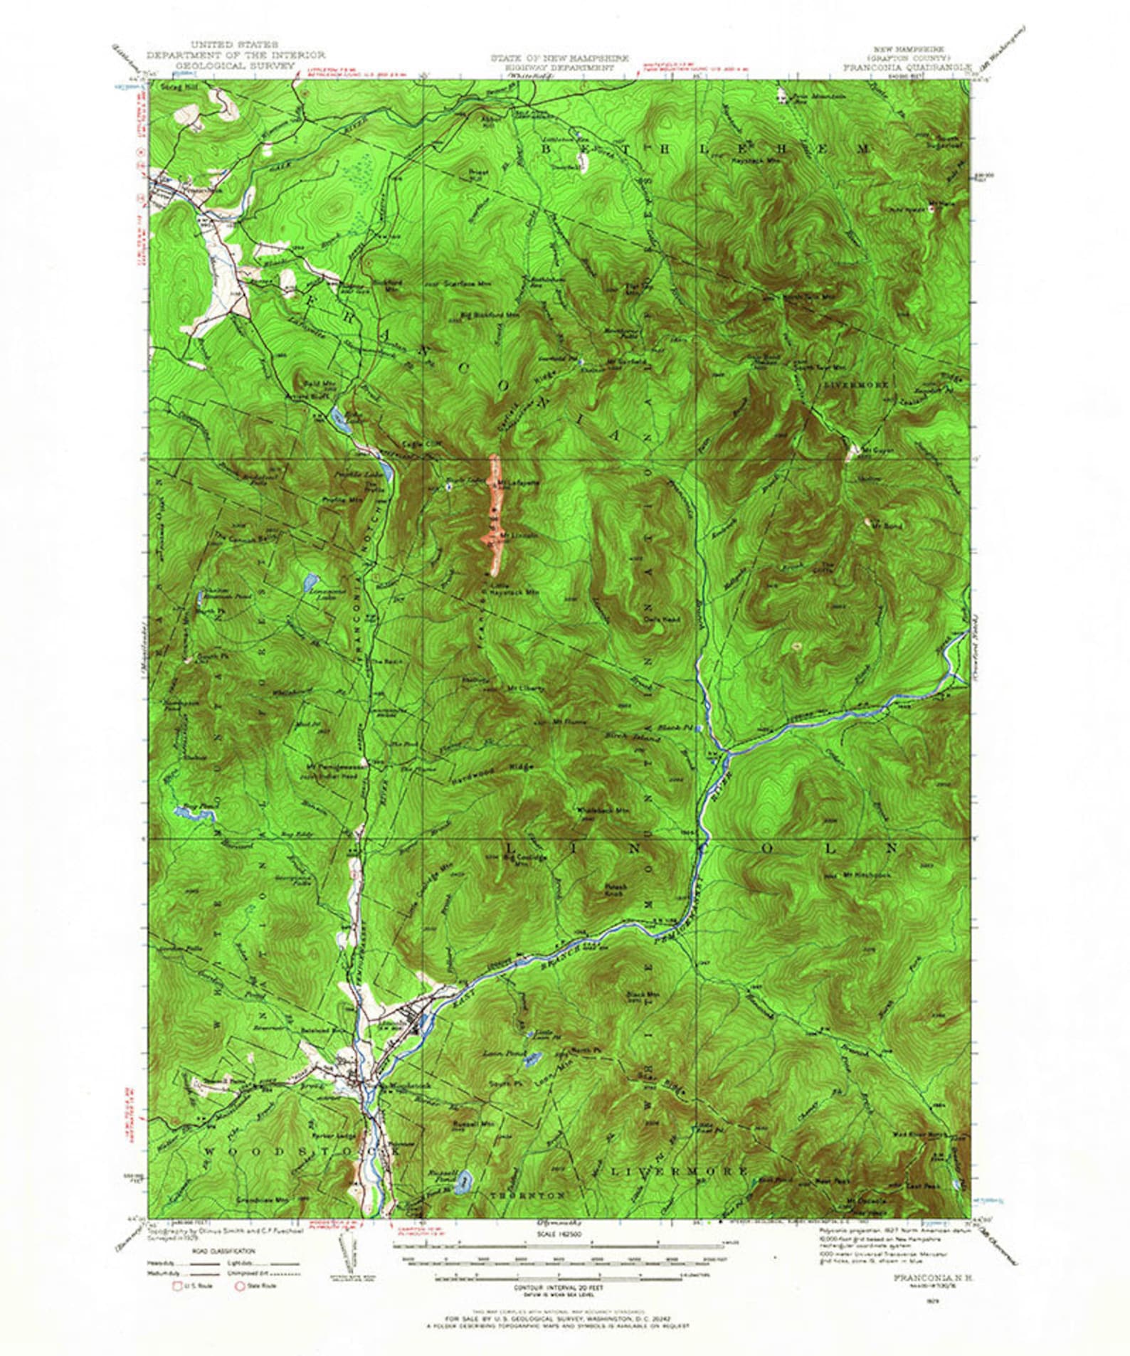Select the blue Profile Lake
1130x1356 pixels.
(x=385, y=469)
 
